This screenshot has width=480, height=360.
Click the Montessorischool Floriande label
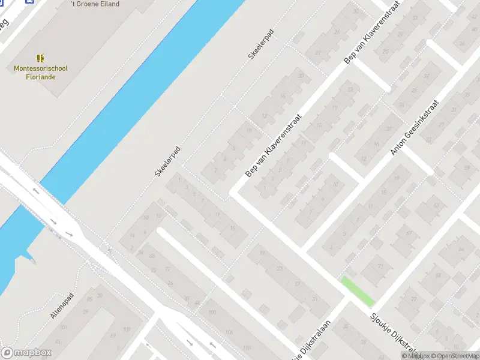pyautogui.click(x=41, y=73)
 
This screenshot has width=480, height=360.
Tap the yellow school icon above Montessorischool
pyautogui.click(x=41, y=58)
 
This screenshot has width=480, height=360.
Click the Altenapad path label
pyautogui.click(x=62, y=305)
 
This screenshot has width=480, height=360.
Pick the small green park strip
pyautogui.click(x=358, y=292)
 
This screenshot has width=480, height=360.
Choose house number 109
pyautogui.click(x=127, y=329)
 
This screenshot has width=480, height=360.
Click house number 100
pyautogui.click(x=212, y=313)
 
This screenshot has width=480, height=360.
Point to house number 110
pyautogui.click(x=247, y=347)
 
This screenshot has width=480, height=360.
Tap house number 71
pyautogui.click(x=380, y=266)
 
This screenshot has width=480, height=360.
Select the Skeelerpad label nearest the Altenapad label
pyautogui.click(x=167, y=161)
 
